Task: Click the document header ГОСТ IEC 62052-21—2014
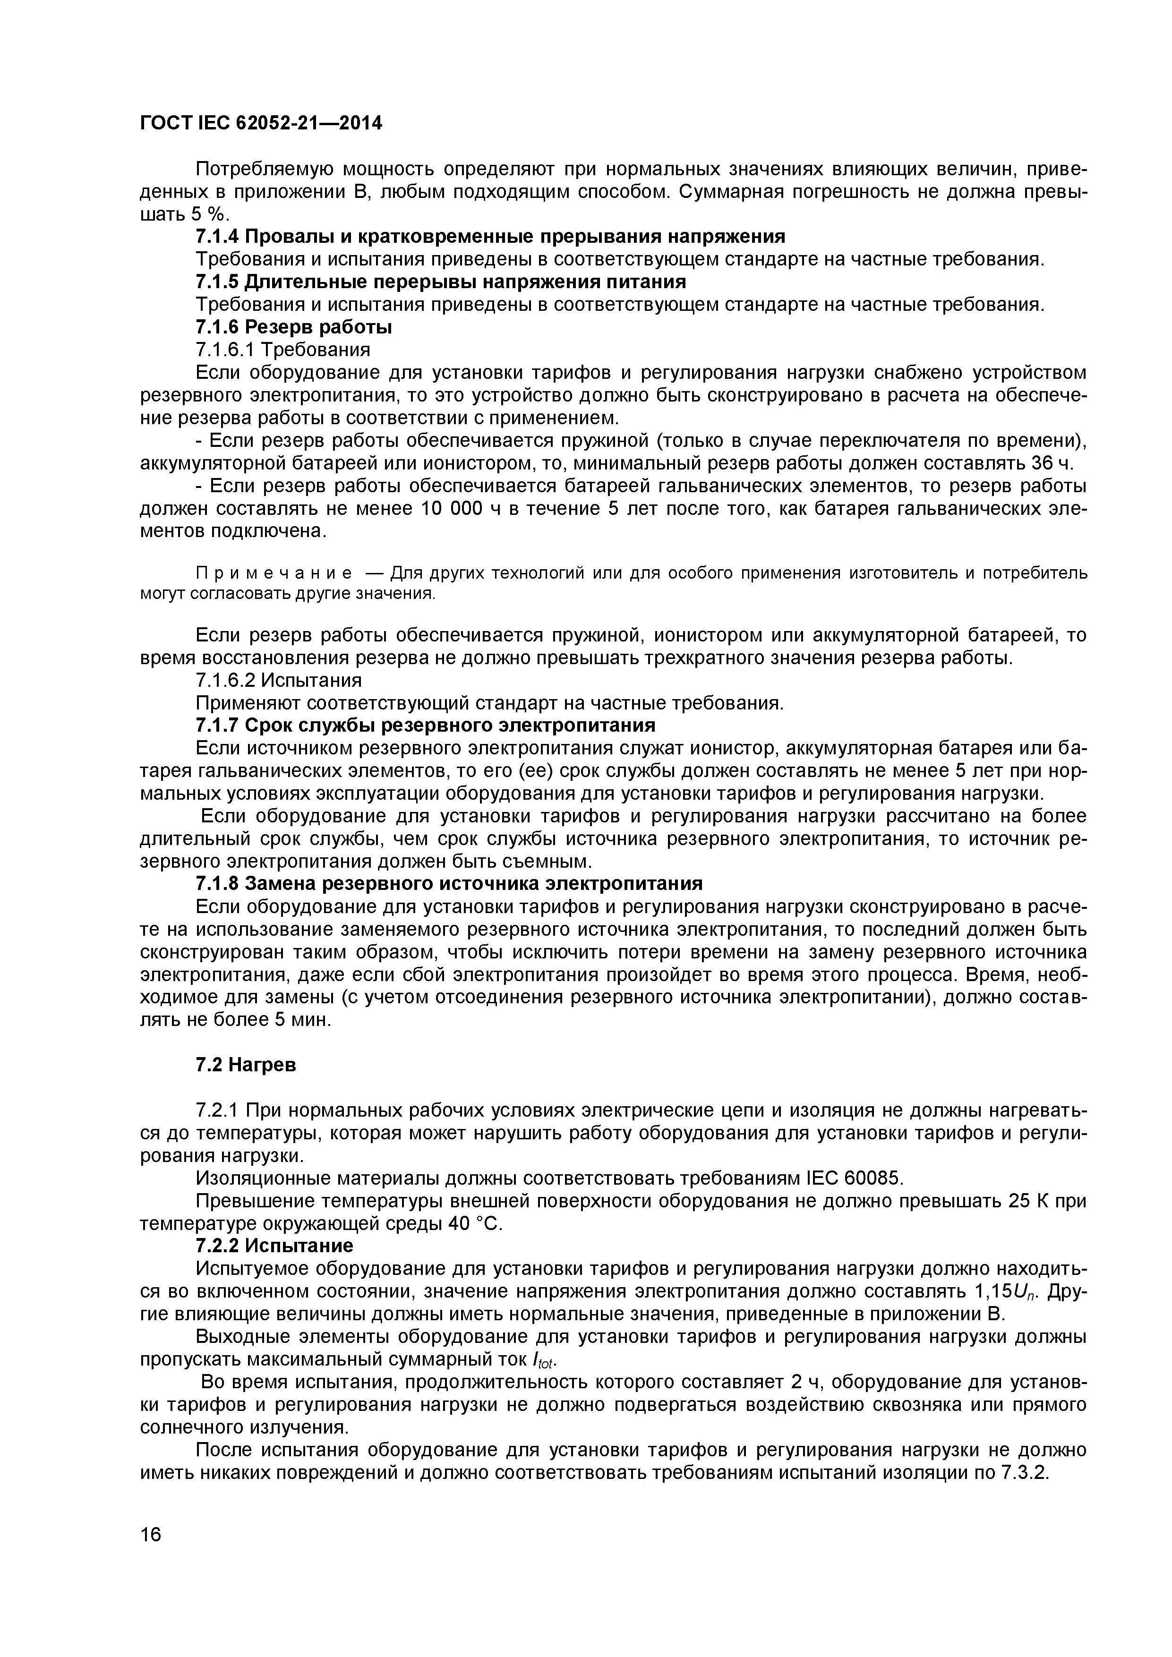pyautogui.click(x=261, y=123)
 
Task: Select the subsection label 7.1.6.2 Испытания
pyautogui.click(x=279, y=681)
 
